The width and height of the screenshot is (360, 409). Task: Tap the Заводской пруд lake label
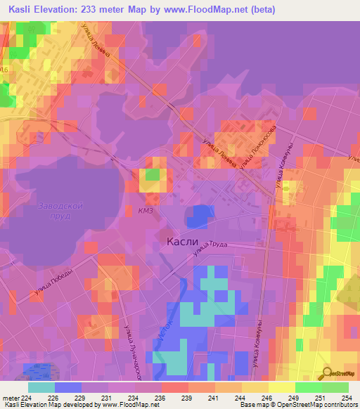[61, 212]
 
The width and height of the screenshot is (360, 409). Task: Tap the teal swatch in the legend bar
[41, 387]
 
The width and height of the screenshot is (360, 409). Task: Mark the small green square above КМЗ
[152, 174]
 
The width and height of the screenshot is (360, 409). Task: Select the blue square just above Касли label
[202, 215]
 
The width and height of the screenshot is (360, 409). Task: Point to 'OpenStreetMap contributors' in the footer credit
[319, 404]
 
